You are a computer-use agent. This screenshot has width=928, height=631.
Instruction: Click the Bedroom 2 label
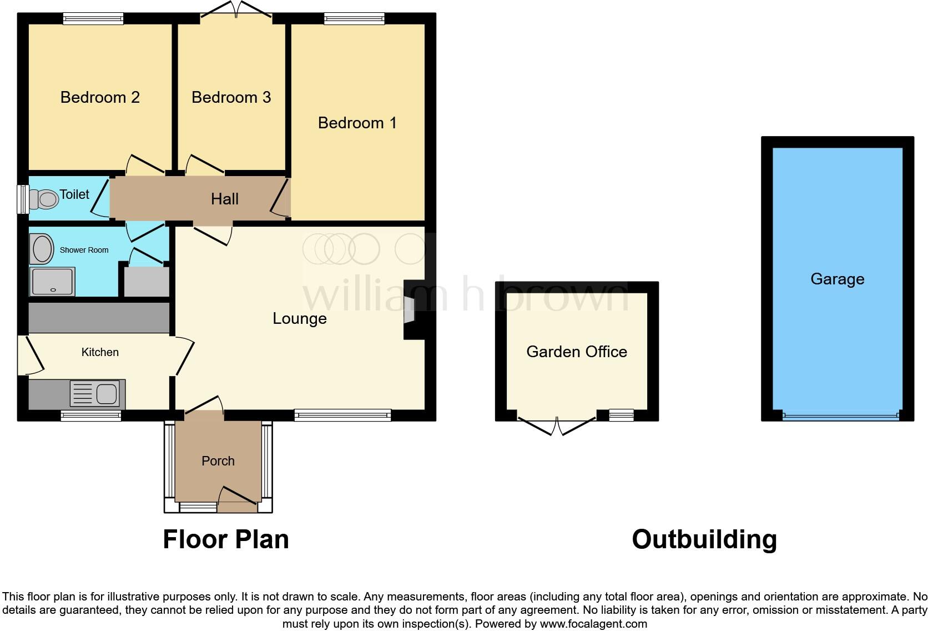(x=100, y=98)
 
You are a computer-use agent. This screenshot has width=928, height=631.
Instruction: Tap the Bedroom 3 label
(x=231, y=98)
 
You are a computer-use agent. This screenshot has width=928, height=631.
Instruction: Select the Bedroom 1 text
(x=357, y=123)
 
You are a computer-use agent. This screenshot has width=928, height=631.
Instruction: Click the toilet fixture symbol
(x=44, y=199)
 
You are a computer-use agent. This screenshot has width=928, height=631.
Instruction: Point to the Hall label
(x=224, y=199)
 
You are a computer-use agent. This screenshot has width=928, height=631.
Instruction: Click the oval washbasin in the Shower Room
(x=43, y=248)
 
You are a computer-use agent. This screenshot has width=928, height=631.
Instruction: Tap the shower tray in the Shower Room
(x=53, y=282)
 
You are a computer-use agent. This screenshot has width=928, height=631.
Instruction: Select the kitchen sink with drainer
(x=95, y=394)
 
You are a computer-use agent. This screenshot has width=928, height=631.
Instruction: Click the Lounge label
(x=299, y=318)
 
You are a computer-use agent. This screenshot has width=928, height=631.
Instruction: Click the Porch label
(x=218, y=461)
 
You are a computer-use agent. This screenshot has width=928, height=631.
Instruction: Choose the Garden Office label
(x=576, y=352)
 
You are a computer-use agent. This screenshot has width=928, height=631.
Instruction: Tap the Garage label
(x=837, y=279)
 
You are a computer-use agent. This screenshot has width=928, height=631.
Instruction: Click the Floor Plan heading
(x=225, y=539)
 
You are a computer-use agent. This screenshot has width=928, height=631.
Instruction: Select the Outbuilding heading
(x=704, y=539)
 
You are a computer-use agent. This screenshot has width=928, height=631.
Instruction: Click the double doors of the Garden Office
(x=557, y=425)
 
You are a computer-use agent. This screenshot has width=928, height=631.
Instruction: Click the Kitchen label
(x=100, y=352)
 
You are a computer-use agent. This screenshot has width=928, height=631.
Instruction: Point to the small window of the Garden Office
(x=621, y=415)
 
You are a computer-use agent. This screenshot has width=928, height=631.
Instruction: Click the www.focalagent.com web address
(x=593, y=624)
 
